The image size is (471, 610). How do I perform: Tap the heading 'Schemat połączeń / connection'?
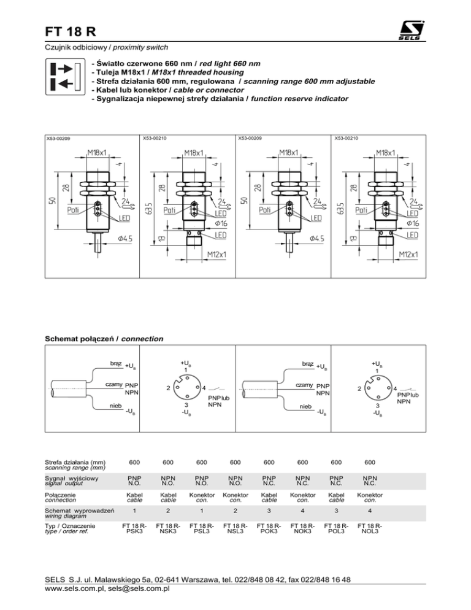tap(104, 338)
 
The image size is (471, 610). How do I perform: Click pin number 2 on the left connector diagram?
tap(169, 388)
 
